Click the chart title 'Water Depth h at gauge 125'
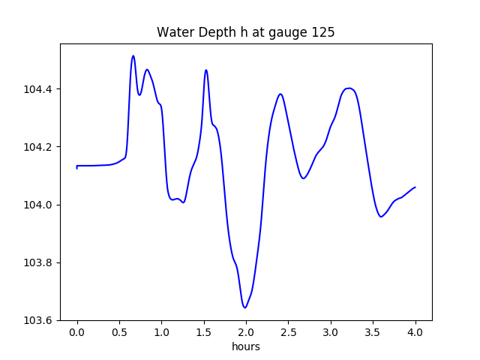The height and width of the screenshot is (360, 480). [x=245, y=33]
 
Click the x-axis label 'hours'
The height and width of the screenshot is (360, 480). [x=245, y=346]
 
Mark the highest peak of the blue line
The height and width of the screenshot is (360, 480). [x=133, y=55]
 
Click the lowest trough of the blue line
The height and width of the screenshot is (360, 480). [x=244, y=307]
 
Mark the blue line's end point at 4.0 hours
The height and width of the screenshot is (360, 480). [x=415, y=187]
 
